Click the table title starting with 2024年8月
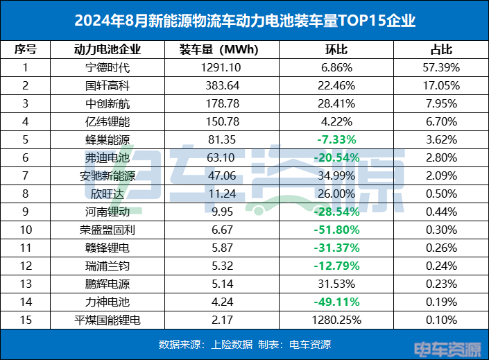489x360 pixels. (x=244, y=21)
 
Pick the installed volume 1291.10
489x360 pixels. (x=219, y=68)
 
